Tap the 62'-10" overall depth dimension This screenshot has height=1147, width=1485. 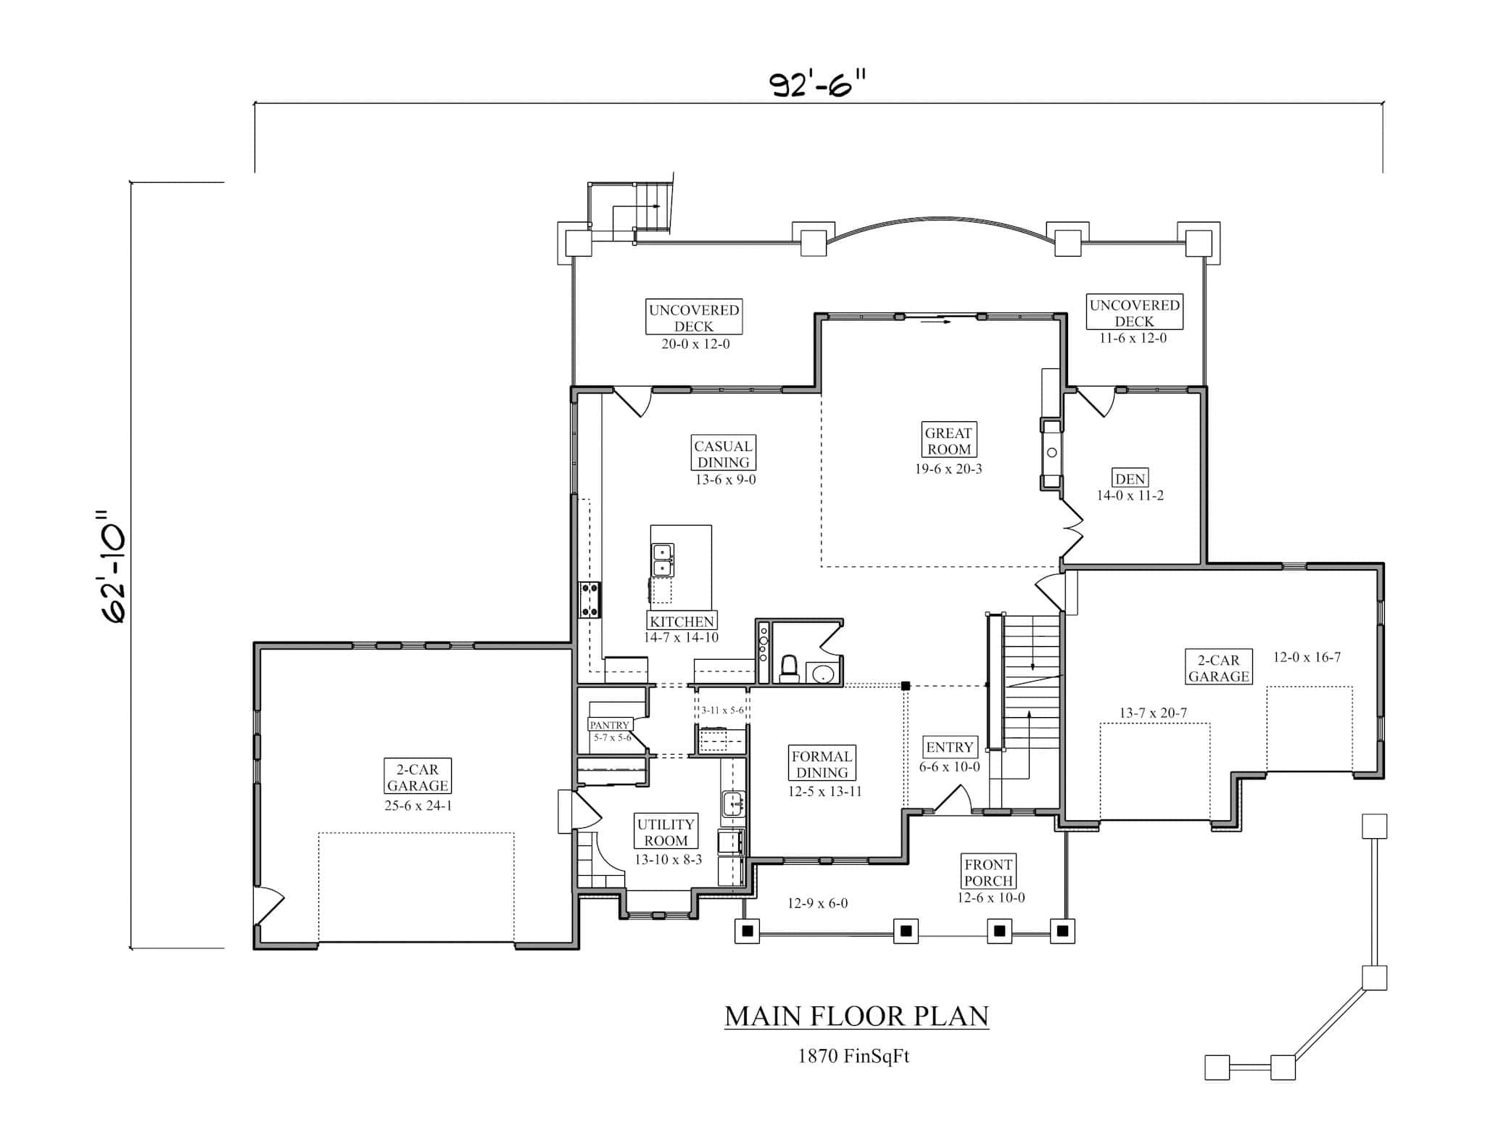[x=112, y=566]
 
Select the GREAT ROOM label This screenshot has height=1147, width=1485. [x=948, y=440]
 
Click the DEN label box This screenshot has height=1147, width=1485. [x=1130, y=479]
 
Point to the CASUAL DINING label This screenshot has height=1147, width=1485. [x=723, y=454]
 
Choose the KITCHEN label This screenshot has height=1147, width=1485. [x=682, y=621]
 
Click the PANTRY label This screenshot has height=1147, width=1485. [x=609, y=725]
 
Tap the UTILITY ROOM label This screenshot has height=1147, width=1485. [x=666, y=832]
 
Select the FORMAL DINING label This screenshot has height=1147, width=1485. [x=822, y=764]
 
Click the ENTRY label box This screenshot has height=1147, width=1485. [x=949, y=747]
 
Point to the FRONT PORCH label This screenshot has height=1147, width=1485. [x=988, y=872]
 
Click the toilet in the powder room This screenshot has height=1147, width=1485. [x=789, y=668]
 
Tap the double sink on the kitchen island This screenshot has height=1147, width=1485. [x=663, y=560]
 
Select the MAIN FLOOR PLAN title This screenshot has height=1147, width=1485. [x=856, y=1016]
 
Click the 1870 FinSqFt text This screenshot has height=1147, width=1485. [x=853, y=1056]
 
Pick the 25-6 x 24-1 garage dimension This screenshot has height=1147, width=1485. [x=418, y=806]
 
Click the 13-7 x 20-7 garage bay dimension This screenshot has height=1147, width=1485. [x=1153, y=713]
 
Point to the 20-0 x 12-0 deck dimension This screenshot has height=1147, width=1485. [x=695, y=344]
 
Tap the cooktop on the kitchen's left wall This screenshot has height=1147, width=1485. [x=590, y=600]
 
